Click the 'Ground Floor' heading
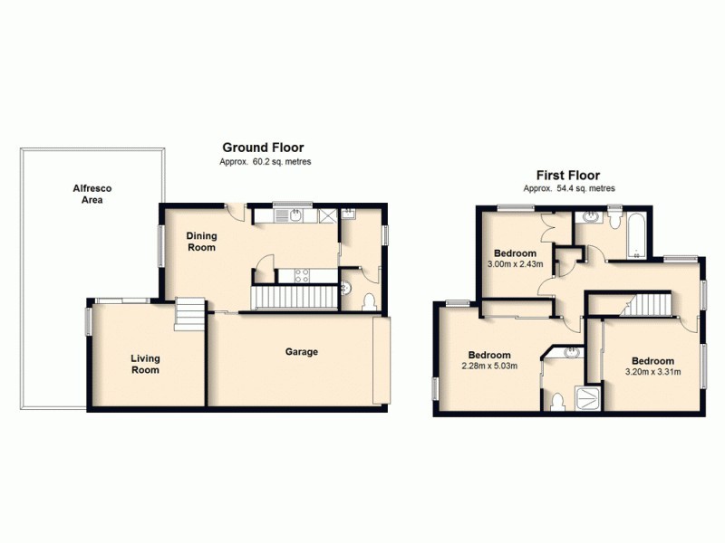coord(263,147)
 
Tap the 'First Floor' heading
coord(568,176)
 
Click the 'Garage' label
coord(302,352)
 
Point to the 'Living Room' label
coord(144,364)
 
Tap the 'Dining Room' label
coord(201,242)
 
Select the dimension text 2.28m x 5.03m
coord(488,367)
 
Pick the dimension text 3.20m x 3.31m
coord(652,371)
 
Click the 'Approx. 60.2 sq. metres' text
coord(266,162)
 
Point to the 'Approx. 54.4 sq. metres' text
coord(569,189)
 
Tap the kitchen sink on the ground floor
coord(296,215)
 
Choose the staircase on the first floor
coord(651,306)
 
